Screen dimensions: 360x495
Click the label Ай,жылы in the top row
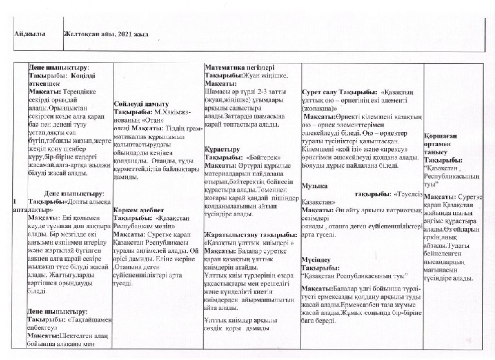pyautogui.click(x=29, y=34)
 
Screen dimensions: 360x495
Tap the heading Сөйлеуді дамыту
pyautogui.click(x=141, y=104)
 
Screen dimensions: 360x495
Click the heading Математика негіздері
pyautogui.click(x=239, y=68)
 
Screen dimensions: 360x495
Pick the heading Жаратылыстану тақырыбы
pyautogui.click(x=251, y=235)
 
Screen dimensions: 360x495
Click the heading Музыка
pyautogui.click(x=315, y=186)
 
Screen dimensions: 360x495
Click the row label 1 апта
pyautogui.click(x=20, y=206)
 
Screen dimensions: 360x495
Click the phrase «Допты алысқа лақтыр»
pyautogui.click(x=69, y=206)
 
